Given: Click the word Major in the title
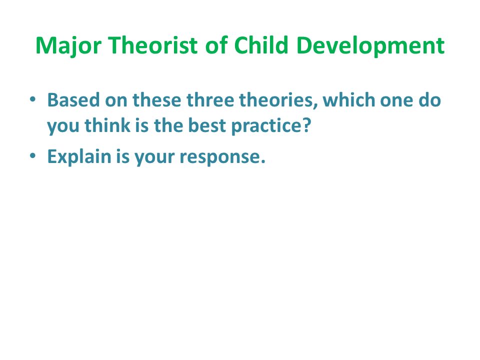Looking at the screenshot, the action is tap(68, 46).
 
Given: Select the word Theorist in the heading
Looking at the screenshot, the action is tap(153, 45).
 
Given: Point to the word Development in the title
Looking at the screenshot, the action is tap(370, 46).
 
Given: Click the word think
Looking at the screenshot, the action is tap(107, 125).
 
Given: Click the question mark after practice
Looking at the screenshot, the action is tap(306, 125).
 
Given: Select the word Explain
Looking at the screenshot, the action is tap(79, 157).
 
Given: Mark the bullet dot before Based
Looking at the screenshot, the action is tap(33, 99).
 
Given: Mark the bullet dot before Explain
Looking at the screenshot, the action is tap(33, 155).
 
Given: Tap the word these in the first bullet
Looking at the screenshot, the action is tap(156, 100).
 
